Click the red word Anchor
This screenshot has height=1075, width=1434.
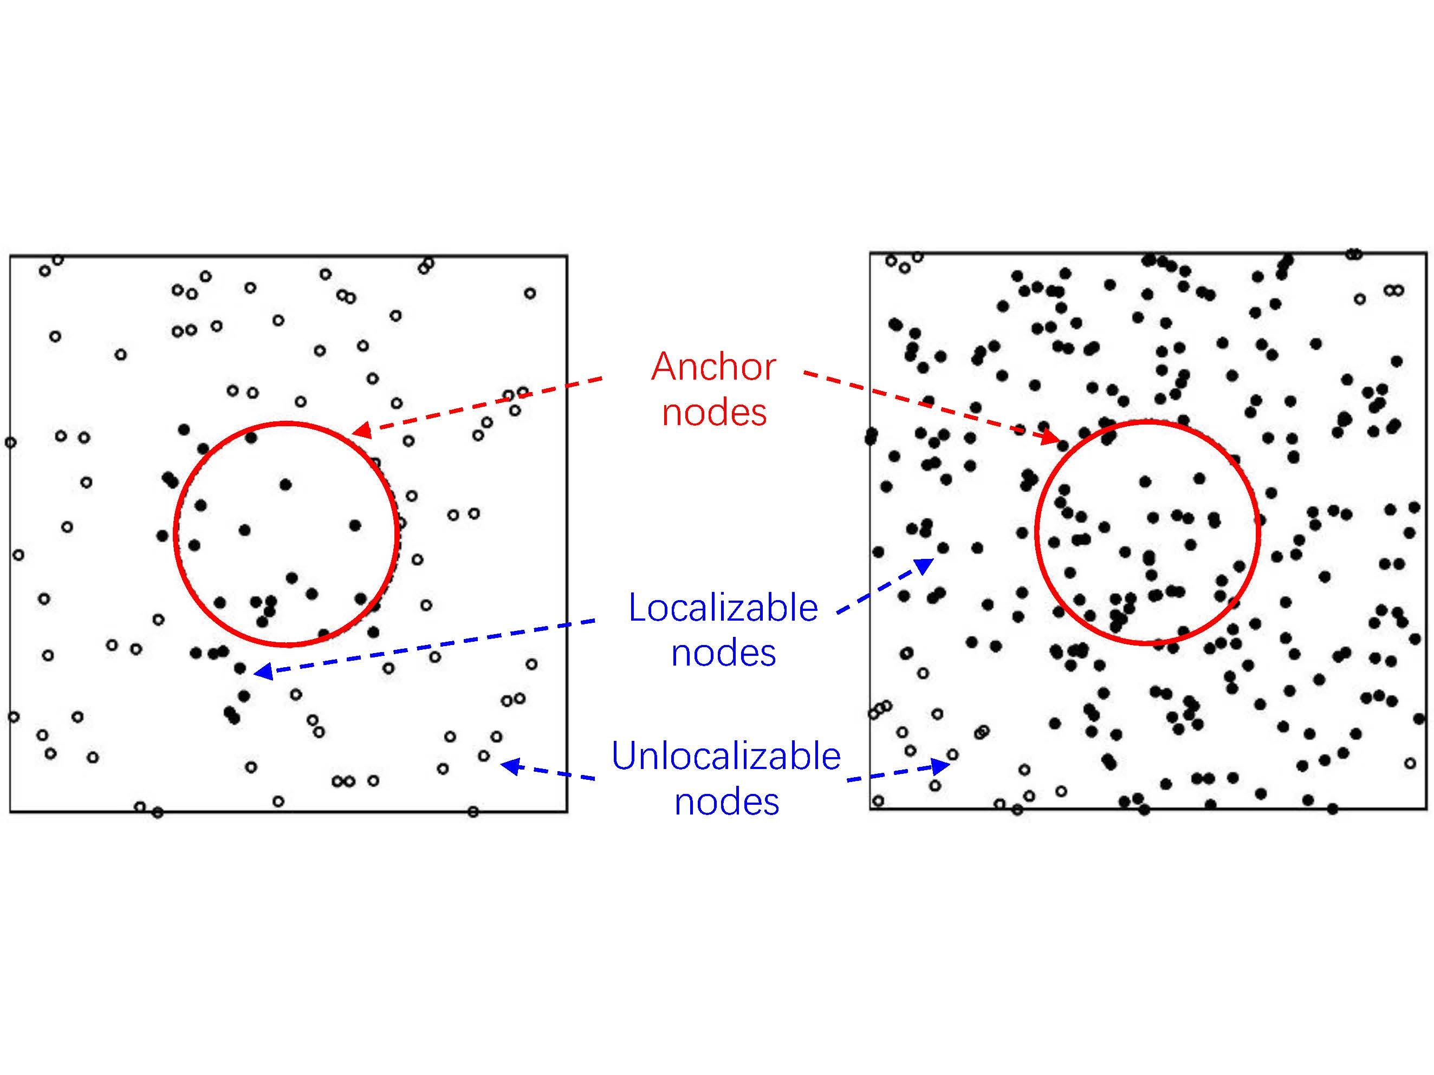pyautogui.click(x=713, y=367)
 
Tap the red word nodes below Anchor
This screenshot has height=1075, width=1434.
pyautogui.click(x=714, y=412)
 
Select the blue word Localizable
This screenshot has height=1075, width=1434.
pyautogui.click(x=723, y=608)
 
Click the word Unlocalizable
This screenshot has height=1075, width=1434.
pyautogui.click(x=725, y=755)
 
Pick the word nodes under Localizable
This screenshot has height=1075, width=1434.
pyautogui.click(x=723, y=653)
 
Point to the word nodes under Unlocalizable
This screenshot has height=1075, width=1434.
pyautogui.click(x=726, y=802)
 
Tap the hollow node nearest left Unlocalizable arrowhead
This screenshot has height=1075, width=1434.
pyautogui.click(x=484, y=755)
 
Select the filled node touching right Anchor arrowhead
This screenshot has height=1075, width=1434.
pyautogui.click(x=1063, y=445)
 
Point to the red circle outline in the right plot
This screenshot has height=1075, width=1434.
pyautogui.click(x=1036, y=533)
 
